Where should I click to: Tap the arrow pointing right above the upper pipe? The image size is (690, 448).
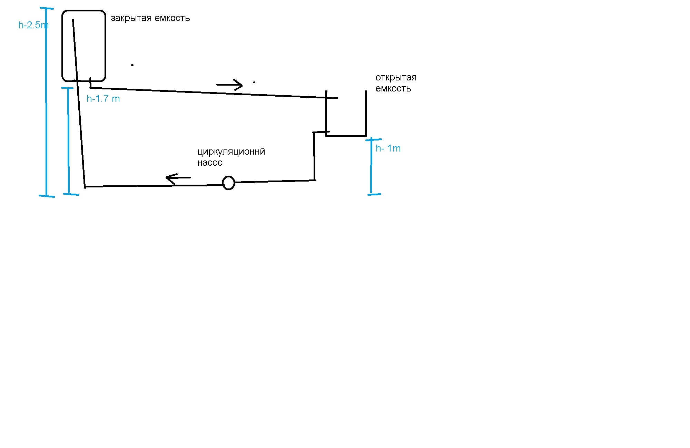pyautogui.click(x=229, y=85)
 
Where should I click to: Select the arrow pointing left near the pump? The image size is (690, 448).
pyautogui.click(x=178, y=178)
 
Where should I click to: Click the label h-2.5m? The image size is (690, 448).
pyautogui.click(x=33, y=25)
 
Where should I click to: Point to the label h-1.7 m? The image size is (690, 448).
pyautogui.click(x=103, y=99)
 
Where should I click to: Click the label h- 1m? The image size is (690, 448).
pyautogui.click(x=388, y=148)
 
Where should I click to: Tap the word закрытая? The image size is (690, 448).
pyautogui.click(x=131, y=18)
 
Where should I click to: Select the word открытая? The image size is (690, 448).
pyautogui.click(x=396, y=77)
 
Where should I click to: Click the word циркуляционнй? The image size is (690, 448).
pyautogui.click(x=231, y=152)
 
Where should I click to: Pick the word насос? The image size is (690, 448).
pyautogui.click(x=210, y=163)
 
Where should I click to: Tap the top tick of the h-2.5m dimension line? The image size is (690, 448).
pyautogui.click(x=47, y=8)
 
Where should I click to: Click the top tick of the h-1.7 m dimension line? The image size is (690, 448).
pyautogui.click(x=67, y=88)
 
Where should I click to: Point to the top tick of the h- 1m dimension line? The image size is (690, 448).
pyautogui.click(x=373, y=139)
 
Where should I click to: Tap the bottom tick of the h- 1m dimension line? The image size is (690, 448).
pyautogui.click(x=374, y=194)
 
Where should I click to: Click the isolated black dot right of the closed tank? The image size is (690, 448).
pyautogui.click(x=132, y=65)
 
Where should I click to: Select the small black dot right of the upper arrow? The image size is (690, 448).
pyautogui.click(x=254, y=82)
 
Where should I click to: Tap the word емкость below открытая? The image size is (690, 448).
pyautogui.click(x=393, y=89)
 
